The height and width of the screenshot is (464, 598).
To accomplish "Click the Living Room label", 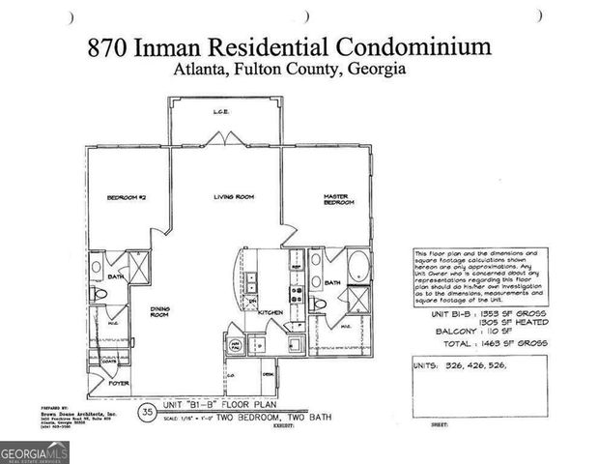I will [x=234, y=197].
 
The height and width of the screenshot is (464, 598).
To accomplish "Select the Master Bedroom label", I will [x=338, y=199].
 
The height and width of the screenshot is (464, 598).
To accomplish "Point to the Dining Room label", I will [x=159, y=311].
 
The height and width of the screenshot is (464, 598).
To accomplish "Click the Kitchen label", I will [x=270, y=312].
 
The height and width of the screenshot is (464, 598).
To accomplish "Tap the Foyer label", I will [x=118, y=382].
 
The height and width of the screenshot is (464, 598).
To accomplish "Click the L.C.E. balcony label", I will [x=220, y=113].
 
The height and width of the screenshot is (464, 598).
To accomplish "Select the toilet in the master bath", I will [x=321, y=304].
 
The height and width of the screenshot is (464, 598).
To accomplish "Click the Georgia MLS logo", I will [x=31, y=451].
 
